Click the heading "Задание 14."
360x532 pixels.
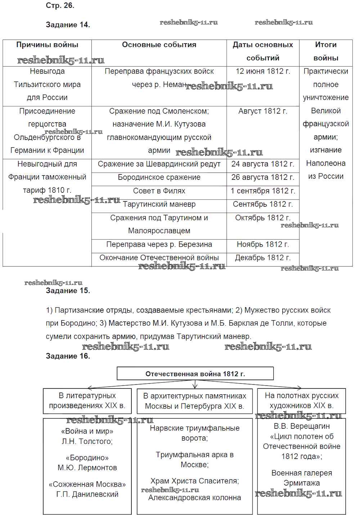(x=68, y=25)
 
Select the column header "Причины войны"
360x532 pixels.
(x=47, y=45)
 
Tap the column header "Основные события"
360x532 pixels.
(x=159, y=45)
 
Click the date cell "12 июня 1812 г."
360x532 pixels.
(x=263, y=71)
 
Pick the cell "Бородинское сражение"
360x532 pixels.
(x=159, y=177)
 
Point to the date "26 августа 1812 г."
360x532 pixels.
(x=263, y=177)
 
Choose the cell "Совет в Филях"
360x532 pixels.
(x=159, y=191)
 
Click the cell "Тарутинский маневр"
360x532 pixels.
(x=159, y=204)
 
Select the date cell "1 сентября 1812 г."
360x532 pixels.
(x=263, y=191)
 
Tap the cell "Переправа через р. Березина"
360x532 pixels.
(x=159, y=245)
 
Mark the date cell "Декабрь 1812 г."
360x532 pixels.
(x=263, y=258)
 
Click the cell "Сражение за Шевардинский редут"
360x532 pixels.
(x=159, y=164)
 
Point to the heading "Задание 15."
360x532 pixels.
(x=68, y=291)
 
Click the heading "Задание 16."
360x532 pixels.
(x=68, y=356)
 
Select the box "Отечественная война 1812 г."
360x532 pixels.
(x=195, y=374)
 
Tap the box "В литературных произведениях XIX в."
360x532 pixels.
(x=87, y=401)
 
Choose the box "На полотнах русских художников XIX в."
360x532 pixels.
(x=302, y=401)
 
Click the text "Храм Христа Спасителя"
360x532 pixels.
(x=195, y=481)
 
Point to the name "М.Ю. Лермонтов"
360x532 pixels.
(x=87, y=468)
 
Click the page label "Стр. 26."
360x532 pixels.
(x=60, y=5)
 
